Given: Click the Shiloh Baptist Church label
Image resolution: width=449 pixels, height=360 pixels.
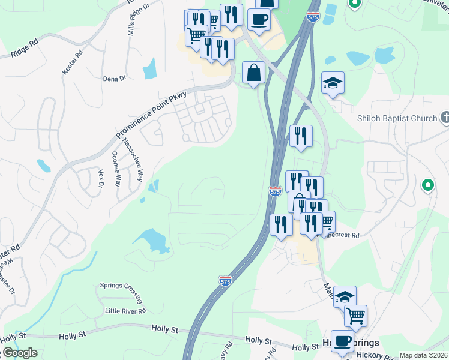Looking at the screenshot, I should coord(398,118).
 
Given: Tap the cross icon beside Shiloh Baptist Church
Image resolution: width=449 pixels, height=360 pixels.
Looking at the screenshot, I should coord(444,118).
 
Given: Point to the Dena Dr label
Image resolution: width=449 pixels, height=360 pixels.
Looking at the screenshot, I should coord(114,79).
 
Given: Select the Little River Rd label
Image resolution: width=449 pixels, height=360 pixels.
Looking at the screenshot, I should coord(125,311).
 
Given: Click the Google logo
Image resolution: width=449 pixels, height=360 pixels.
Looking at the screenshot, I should coord(20,353).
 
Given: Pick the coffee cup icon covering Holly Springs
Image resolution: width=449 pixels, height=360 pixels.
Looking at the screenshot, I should coord(342,340).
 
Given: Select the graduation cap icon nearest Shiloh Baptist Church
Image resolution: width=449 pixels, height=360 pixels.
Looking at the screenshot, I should coord(332,83).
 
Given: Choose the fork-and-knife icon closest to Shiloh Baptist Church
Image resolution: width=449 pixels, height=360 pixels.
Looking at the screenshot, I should coord(301,136).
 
